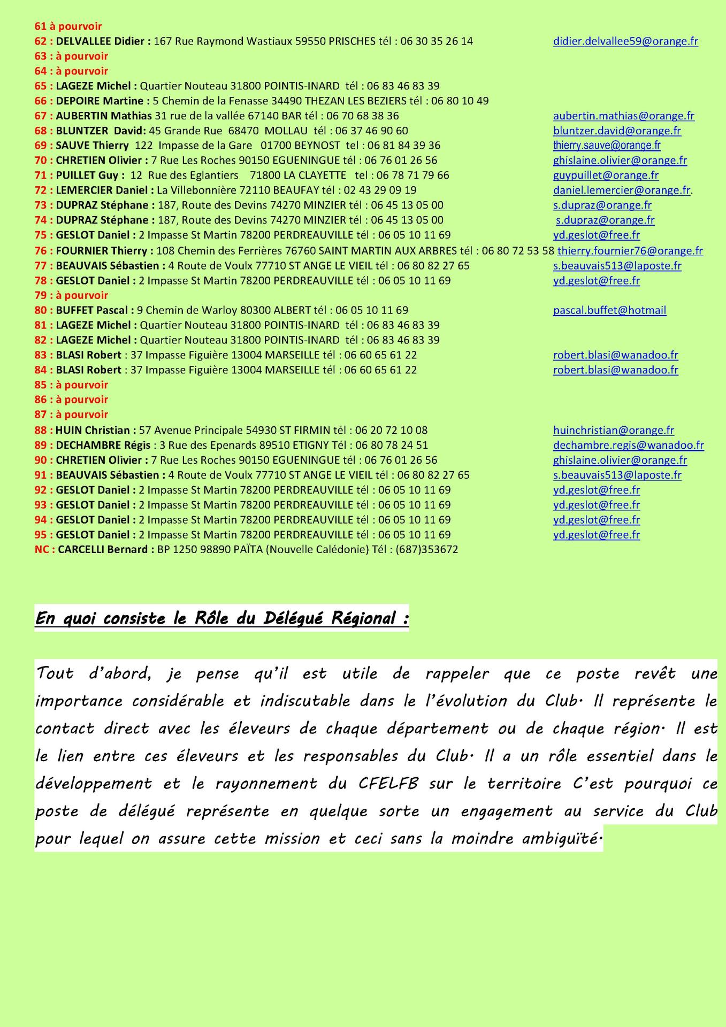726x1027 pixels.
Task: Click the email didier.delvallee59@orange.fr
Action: click(x=625, y=41)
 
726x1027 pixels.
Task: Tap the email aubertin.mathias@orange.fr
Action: click(x=623, y=116)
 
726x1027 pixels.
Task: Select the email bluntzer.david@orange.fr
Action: click(x=617, y=131)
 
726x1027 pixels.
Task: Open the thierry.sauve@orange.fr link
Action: click(x=607, y=145)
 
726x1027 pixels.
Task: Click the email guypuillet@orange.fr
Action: click(x=606, y=175)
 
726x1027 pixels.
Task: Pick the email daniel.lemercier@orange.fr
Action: click(x=622, y=190)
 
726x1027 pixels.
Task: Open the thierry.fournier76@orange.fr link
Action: click(x=630, y=251)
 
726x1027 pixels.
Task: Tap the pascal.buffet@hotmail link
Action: click(x=609, y=310)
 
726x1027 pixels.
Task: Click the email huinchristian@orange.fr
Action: click(x=613, y=430)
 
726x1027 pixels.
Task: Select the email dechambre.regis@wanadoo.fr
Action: click(x=628, y=445)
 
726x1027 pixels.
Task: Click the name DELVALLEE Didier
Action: click(x=101, y=41)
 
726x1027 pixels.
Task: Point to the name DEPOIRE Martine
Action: click(x=100, y=101)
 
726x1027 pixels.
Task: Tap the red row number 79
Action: click(x=41, y=295)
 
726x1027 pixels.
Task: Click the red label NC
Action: click(x=42, y=549)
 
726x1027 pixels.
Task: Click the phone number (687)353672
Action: click(x=426, y=549)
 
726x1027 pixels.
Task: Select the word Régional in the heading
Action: click(x=363, y=618)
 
